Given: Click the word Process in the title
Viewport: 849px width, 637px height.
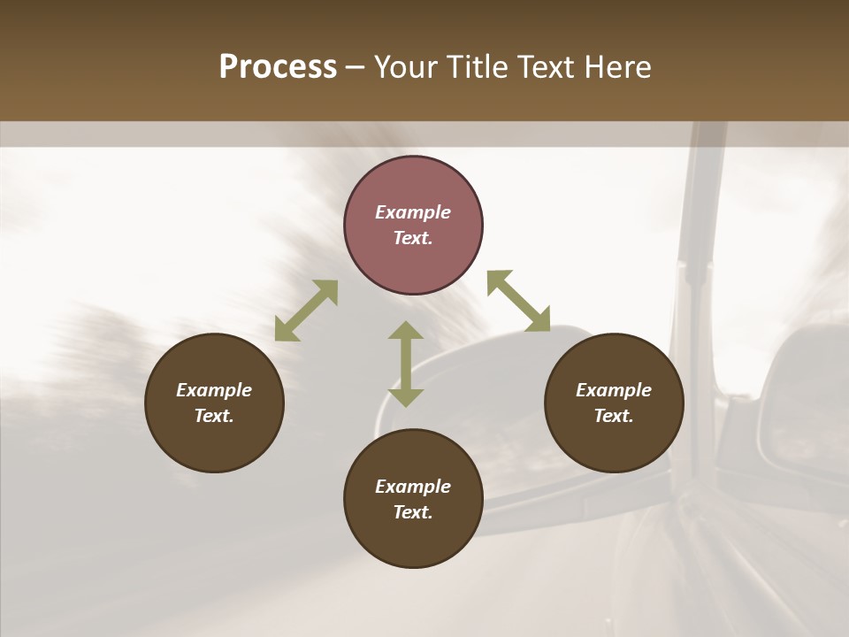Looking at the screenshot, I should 278,67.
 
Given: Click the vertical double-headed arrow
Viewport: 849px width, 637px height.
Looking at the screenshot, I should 406,364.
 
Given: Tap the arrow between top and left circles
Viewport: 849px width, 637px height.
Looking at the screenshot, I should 306,311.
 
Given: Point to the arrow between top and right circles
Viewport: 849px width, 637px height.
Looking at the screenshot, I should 518,301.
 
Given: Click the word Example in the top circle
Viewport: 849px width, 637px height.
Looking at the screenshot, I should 413,212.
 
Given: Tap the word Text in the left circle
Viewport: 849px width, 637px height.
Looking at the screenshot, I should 214,416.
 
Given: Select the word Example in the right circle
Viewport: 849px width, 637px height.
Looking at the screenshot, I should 614,390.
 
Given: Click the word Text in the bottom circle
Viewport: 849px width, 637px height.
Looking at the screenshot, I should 412,512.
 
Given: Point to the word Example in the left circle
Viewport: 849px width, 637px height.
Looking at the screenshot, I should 214,390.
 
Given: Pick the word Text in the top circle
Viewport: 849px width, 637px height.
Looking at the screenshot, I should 412,238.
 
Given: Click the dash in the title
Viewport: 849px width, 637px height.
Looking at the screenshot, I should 355,67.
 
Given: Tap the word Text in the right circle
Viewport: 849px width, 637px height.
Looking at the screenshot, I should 613,416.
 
